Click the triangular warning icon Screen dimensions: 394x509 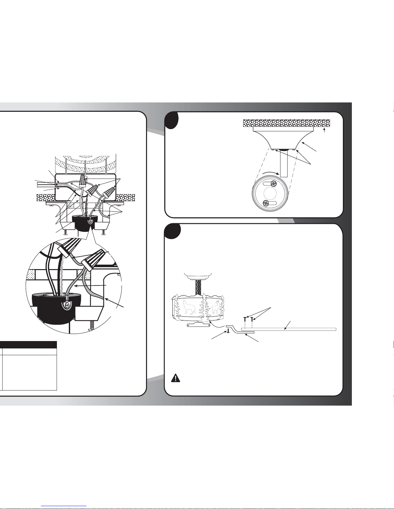[175, 378]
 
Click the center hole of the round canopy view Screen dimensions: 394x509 [270, 193]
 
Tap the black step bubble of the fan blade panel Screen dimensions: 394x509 [172, 232]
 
